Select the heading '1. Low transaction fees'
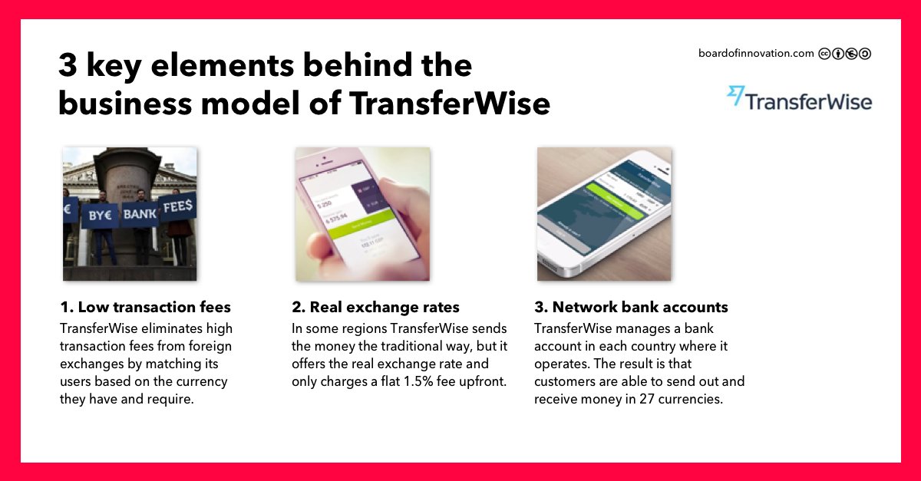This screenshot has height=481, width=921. point(145,308)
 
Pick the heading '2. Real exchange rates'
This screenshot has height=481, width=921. point(375,308)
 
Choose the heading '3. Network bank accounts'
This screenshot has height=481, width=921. point(631,308)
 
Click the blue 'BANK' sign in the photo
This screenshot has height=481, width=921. point(140,213)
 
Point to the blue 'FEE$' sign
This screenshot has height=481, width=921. point(177,206)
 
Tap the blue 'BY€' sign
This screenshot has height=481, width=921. point(101,216)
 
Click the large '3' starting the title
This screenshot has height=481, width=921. point(68,67)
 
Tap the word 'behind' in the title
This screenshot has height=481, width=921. point(355,67)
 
